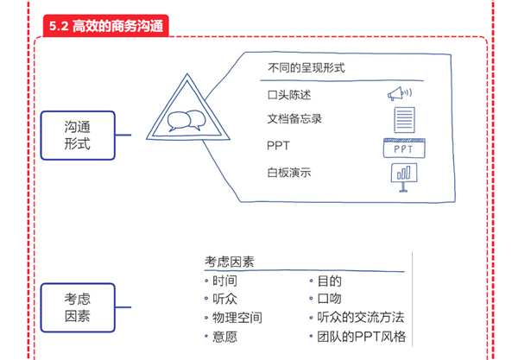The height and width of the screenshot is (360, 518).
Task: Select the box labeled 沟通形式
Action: tap(77, 135)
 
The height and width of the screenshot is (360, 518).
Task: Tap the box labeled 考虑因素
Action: tap(77, 307)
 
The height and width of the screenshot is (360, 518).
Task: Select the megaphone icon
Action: tap(399, 93)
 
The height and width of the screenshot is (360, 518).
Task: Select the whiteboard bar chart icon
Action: tap(402, 176)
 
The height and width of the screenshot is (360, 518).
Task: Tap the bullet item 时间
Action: tap(224, 281)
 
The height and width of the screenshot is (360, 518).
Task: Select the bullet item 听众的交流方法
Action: tap(360, 318)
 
